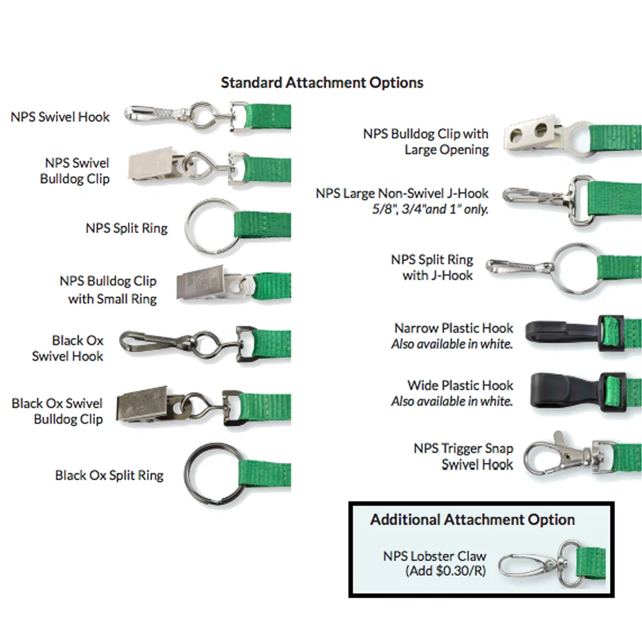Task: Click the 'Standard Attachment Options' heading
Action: pyautogui.click(x=322, y=83)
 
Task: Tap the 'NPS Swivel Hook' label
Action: pyautogui.click(x=60, y=117)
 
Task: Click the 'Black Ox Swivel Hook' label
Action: pyautogui.click(x=68, y=348)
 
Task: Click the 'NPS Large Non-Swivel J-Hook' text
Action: pyautogui.click(x=402, y=193)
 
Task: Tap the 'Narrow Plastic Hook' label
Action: pyautogui.click(x=454, y=328)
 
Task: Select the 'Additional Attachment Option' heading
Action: pyautogui.click(x=473, y=519)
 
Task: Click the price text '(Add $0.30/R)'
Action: pyautogui.click(x=445, y=570)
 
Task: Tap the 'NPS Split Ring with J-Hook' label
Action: pyautogui.click(x=432, y=268)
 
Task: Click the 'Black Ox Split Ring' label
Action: pyautogui.click(x=109, y=476)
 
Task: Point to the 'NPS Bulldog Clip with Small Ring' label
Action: pyautogui.click(x=108, y=290)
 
